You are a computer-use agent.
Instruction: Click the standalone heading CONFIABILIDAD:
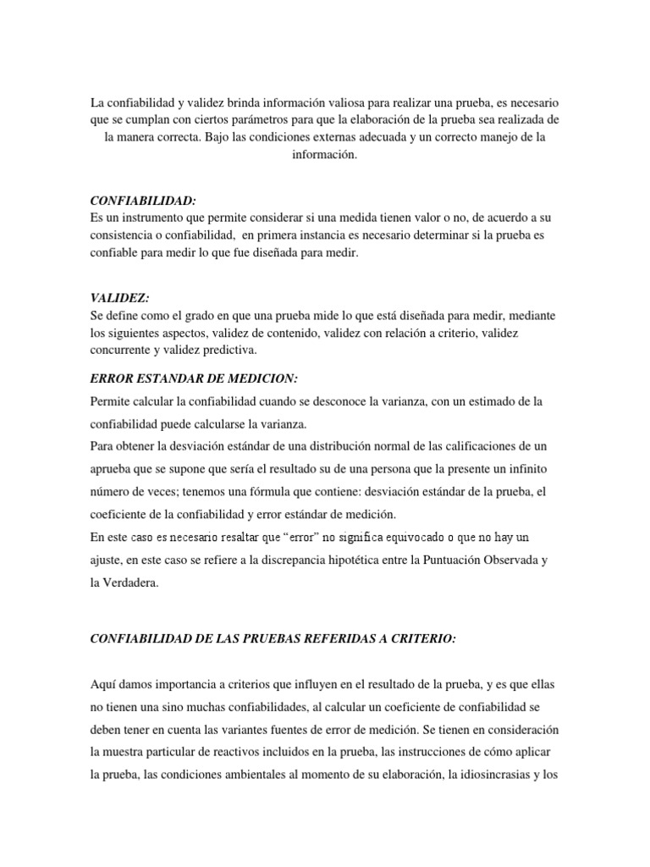[x=143, y=201]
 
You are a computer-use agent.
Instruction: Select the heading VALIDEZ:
[x=119, y=299]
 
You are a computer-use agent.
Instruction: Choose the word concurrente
[x=123, y=350]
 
